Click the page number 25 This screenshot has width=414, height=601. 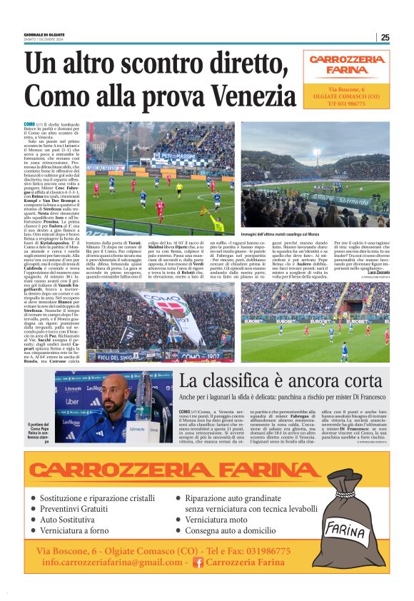(x=385, y=37)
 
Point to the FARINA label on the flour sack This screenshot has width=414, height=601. (x=345, y=530)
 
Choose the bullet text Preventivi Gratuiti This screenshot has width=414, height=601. (x=80, y=509)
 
